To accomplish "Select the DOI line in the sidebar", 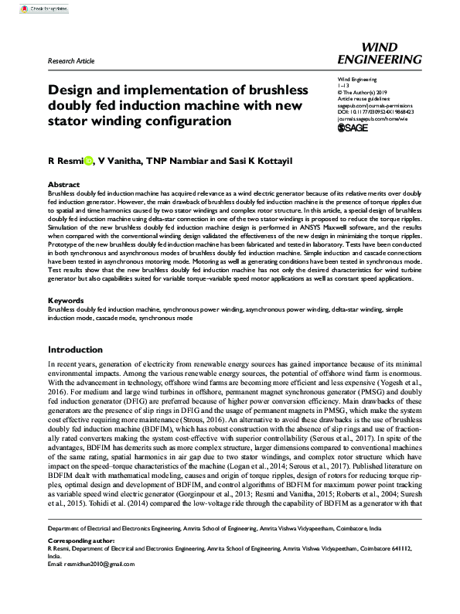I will (376, 111).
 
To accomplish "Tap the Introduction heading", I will (75, 349).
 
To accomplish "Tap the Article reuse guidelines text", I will (366, 98).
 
